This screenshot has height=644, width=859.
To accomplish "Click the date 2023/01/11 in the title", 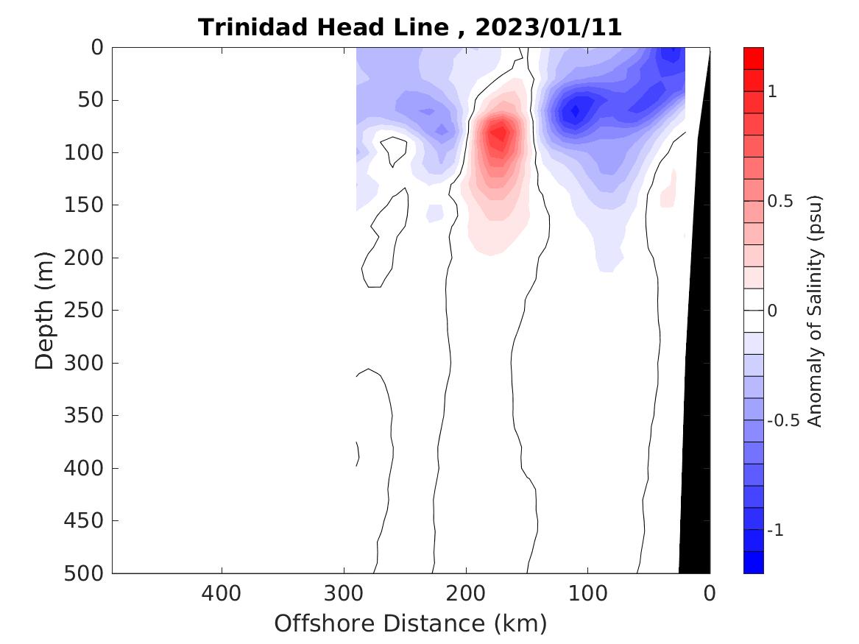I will (x=548, y=28).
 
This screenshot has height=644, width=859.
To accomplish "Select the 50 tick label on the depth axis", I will (x=94, y=99).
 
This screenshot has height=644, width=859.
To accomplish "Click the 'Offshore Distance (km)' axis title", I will (x=411, y=624).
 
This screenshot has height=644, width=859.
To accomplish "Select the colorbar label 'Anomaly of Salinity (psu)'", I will (x=814, y=311).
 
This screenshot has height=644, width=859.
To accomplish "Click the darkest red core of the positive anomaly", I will (x=500, y=133).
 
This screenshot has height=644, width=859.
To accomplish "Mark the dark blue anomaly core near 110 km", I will (x=575, y=111).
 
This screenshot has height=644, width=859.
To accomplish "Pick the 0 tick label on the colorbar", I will (x=772, y=311).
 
